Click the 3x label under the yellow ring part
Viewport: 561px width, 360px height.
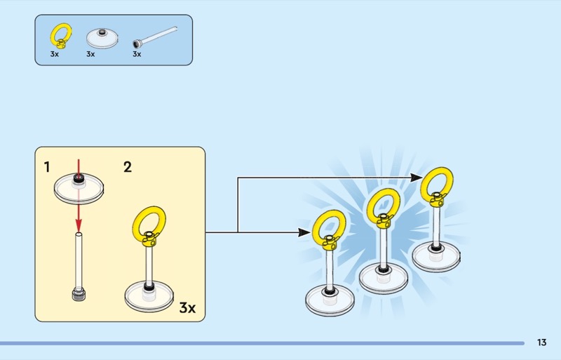(x=54, y=53)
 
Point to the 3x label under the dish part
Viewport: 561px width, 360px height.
(x=90, y=53)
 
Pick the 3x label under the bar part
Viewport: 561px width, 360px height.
(x=137, y=53)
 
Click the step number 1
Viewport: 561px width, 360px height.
(x=47, y=167)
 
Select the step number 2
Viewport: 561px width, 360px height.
(x=127, y=167)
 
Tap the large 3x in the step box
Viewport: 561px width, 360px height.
(x=187, y=307)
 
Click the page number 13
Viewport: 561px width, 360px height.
(x=541, y=342)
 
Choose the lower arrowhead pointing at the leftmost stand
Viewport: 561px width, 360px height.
(x=306, y=232)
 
